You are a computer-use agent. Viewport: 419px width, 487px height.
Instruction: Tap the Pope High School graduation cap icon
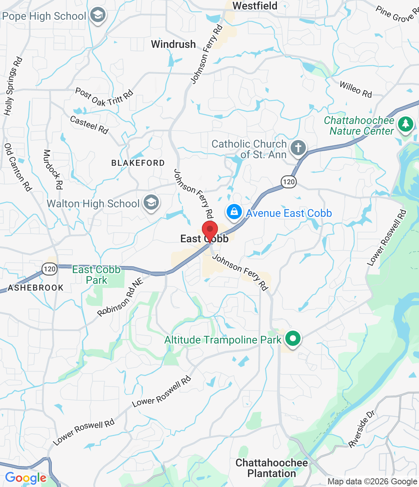point(98,16)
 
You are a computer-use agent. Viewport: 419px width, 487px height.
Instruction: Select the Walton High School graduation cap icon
point(151,203)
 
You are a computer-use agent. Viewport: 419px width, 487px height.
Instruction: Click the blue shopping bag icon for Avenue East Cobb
point(234,212)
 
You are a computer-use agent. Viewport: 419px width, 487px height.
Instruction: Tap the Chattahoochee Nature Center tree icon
point(405,124)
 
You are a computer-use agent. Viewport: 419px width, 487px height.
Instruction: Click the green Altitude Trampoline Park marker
point(293,338)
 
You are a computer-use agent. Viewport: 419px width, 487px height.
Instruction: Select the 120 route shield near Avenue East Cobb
point(289,181)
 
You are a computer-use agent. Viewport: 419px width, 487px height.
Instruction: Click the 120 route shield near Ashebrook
point(50,269)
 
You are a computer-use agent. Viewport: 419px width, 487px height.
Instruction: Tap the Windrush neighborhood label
point(173,44)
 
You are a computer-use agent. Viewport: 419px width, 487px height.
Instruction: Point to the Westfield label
point(255,6)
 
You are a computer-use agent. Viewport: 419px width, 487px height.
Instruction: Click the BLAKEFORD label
point(138,163)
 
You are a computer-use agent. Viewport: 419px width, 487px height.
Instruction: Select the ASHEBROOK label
point(36,288)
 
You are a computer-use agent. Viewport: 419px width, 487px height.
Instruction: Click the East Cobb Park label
point(96,275)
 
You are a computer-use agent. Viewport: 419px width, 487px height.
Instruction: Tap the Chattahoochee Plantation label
point(272,468)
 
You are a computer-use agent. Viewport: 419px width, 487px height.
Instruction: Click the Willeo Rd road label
point(355,89)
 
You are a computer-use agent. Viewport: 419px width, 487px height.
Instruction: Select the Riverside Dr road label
point(361,429)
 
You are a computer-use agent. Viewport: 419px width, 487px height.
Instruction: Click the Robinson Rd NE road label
point(120,298)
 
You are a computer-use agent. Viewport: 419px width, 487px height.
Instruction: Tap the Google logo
point(26,478)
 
